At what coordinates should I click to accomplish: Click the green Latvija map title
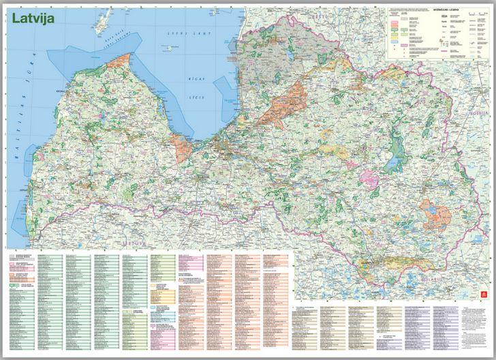32,18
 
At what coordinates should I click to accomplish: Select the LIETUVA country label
130,242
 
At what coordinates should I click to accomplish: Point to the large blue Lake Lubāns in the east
393,164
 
